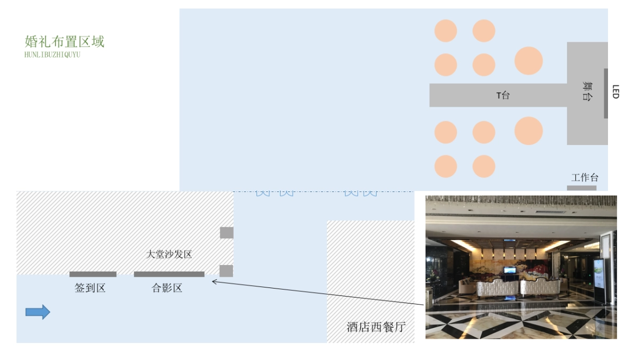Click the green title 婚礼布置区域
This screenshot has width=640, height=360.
tap(65, 42)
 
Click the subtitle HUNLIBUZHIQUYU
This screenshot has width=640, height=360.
tap(52, 54)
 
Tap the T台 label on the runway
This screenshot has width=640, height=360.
tap(503, 95)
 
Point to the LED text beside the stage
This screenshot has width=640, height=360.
tap(615, 92)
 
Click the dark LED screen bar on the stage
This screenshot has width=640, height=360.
tap(606, 93)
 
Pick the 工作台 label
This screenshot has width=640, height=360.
tap(585, 178)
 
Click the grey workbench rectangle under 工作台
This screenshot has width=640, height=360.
tap(581, 188)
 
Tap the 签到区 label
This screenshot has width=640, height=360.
tap(90, 288)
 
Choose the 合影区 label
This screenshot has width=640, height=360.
tap(167, 288)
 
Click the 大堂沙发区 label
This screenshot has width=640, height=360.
tap(169, 254)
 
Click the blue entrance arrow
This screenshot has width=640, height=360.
tap(38, 312)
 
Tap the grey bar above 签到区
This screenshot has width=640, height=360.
tap(93, 274)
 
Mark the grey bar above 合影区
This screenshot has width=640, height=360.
tap(169, 274)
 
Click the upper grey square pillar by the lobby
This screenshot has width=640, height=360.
tap(227, 233)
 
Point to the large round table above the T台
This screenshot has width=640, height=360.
tap(529, 60)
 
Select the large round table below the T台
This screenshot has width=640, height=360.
tap(529, 131)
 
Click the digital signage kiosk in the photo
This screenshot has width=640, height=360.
tap(600, 281)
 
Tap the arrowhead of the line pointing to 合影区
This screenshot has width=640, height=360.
tap(214, 281)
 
